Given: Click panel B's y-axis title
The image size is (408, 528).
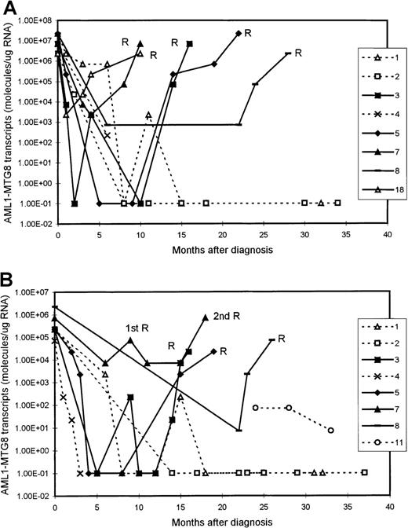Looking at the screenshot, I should (9, 393).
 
